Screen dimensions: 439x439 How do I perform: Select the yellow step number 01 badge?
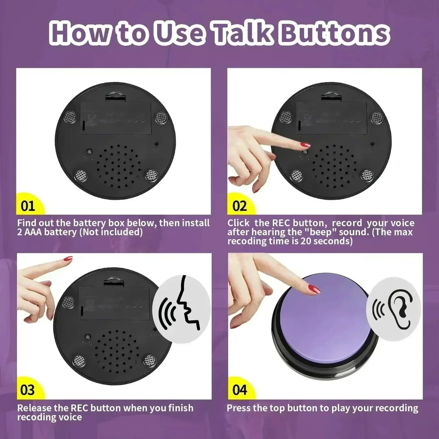point(28,206)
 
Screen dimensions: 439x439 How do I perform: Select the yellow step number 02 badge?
point(239,206)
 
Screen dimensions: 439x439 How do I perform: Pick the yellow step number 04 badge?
point(239,390)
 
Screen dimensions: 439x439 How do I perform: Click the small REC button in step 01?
point(89,151)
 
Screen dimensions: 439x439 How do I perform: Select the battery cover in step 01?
point(115,118)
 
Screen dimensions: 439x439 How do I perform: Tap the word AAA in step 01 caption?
point(31,232)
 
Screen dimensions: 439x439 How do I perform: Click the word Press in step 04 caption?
point(238,408)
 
